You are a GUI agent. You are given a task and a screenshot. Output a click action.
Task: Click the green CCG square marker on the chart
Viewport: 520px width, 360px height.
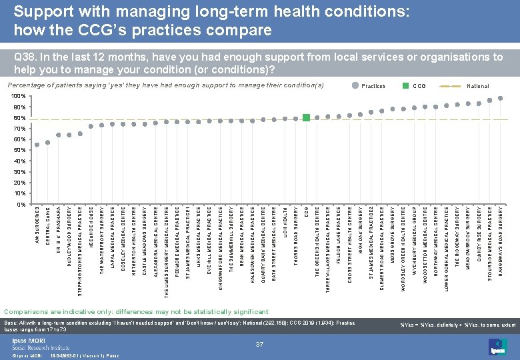(306, 118)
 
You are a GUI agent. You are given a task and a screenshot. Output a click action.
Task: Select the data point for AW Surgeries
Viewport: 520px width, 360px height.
(37, 145)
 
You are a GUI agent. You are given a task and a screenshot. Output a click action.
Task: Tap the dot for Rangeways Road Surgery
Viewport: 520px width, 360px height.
(501, 99)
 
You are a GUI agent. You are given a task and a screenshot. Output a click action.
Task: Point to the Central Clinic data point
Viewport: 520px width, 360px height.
(48, 142)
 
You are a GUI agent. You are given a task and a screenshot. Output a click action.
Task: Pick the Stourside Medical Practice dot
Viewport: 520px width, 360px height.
(490, 101)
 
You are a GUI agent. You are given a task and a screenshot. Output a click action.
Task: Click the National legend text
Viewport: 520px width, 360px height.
(478, 86)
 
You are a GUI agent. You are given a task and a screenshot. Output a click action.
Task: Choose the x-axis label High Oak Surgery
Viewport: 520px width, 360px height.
(361, 229)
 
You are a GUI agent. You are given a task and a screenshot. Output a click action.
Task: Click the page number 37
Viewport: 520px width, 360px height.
(260, 344)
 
